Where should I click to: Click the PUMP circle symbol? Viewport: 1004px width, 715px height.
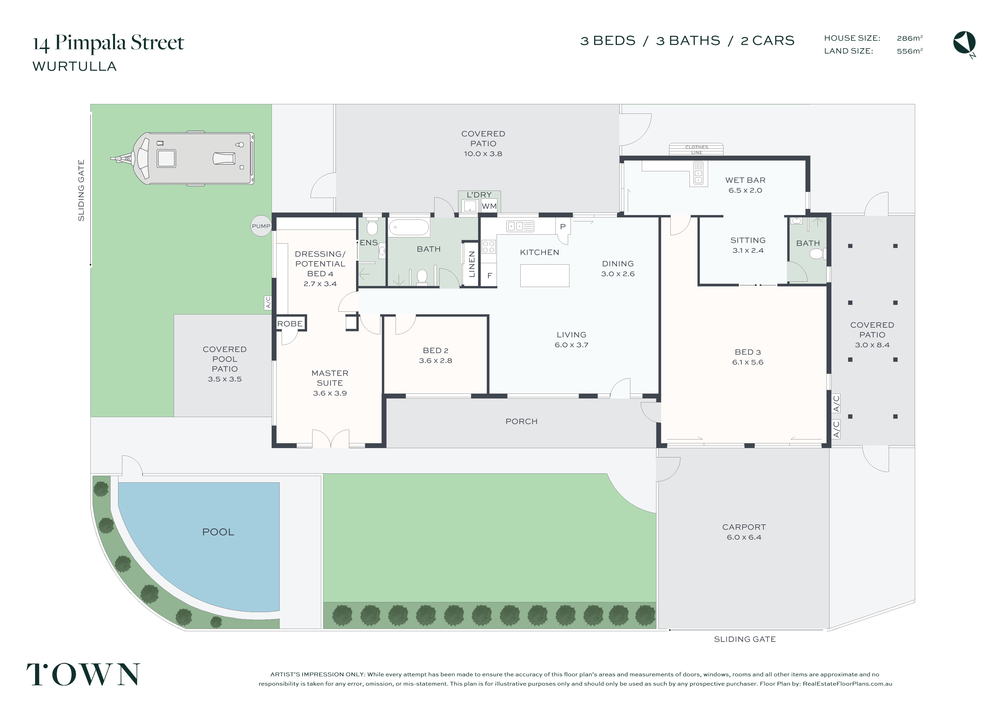pyautogui.click(x=261, y=226)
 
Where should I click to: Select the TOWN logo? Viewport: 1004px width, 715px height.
pyautogui.click(x=83, y=674)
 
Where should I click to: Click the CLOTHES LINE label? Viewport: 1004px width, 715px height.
pyautogui.click(x=697, y=150)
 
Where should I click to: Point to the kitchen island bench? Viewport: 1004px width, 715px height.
pyautogui.click(x=544, y=276)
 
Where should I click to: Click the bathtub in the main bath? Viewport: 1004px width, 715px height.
pyautogui.click(x=409, y=228)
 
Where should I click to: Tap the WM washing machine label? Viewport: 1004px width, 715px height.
pyautogui.click(x=489, y=206)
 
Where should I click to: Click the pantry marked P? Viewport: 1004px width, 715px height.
pyautogui.click(x=562, y=227)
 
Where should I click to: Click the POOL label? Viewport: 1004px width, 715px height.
pyautogui.click(x=218, y=532)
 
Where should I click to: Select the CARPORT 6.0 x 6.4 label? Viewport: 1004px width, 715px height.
pyautogui.click(x=744, y=532)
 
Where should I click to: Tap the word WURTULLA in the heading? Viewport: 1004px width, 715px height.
pyautogui.click(x=74, y=66)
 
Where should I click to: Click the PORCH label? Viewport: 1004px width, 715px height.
pyautogui.click(x=521, y=421)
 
